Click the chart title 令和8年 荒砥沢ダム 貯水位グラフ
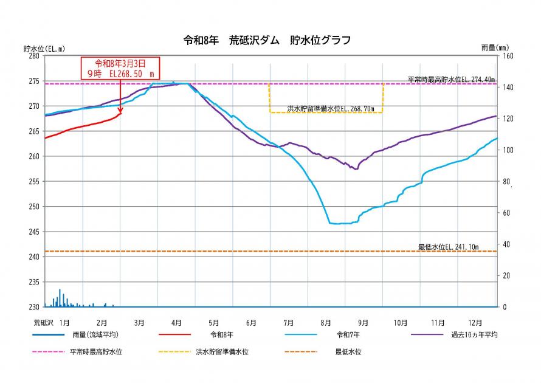(x=267, y=41)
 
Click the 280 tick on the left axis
(x=34, y=56)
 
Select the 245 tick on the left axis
(x=34, y=232)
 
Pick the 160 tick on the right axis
(x=507, y=56)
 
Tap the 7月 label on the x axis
(x=288, y=322)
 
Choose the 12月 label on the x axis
(x=475, y=322)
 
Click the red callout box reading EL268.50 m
(x=120, y=67)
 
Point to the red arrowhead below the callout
(x=120, y=111)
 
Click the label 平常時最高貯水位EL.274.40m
(x=451, y=79)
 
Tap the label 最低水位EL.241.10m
(x=449, y=247)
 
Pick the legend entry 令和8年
(x=222, y=335)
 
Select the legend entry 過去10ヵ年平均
(x=474, y=335)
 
